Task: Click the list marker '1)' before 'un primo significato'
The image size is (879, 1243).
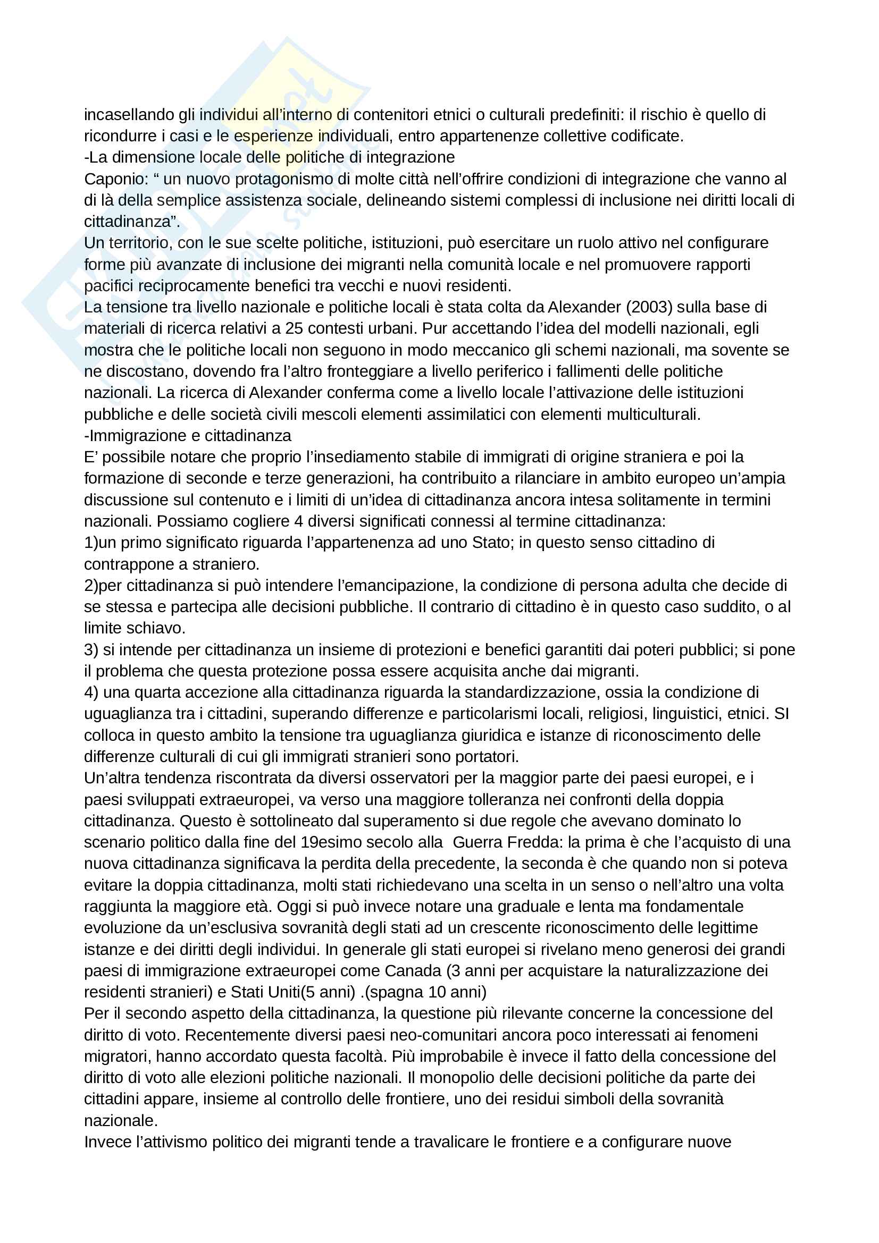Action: tap(91, 543)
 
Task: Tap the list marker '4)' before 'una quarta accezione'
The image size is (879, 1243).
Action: tap(91, 692)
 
